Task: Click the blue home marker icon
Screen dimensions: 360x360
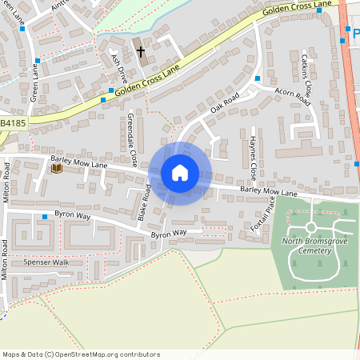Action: (x=180, y=173)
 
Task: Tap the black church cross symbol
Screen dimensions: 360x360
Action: (x=141, y=52)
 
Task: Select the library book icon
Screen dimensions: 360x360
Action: (x=56, y=168)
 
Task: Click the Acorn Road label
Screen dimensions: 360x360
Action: (x=291, y=96)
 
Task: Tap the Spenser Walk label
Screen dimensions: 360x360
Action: (x=47, y=262)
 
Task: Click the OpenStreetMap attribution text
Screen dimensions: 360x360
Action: (x=81, y=354)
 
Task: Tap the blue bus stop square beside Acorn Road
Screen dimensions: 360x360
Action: (x=258, y=78)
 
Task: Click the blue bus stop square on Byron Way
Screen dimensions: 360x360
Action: (x=45, y=217)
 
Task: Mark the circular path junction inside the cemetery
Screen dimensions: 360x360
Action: (x=310, y=226)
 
